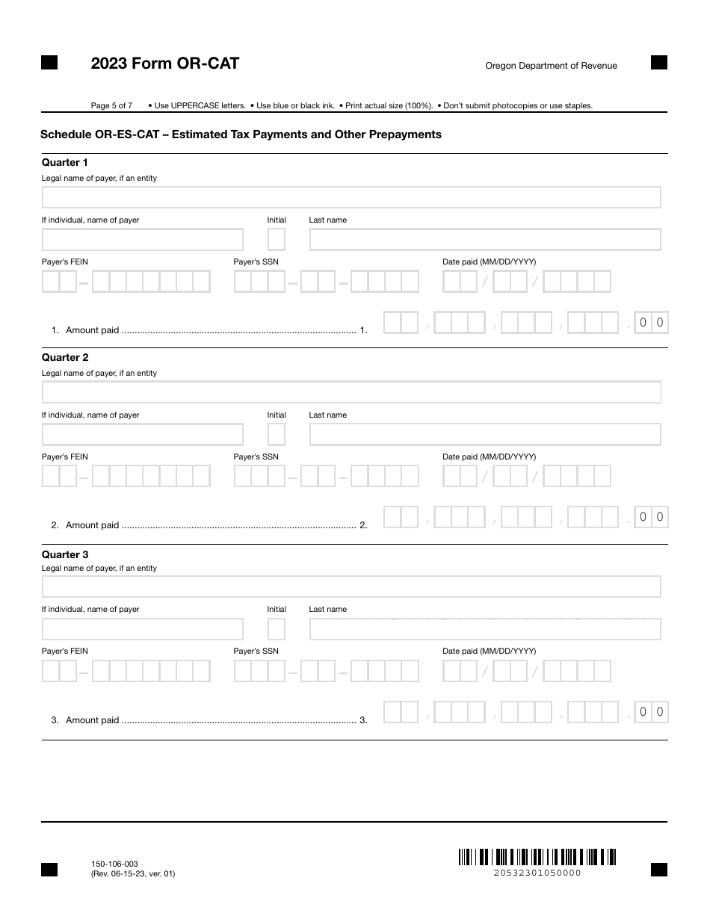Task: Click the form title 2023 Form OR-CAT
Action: (164, 64)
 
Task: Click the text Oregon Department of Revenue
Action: (551, 66)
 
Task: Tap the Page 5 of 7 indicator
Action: (111, 105)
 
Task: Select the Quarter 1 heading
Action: (64, 162)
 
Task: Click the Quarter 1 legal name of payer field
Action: (351, 197)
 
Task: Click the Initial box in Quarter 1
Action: (277, 240)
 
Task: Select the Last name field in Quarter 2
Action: (485, 435)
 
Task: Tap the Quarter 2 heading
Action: (64, 357)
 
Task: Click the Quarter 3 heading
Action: (64, 554)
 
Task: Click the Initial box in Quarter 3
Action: (277, 629)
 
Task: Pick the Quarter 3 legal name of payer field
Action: (351, 587)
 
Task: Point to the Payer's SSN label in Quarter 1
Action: (256, 262)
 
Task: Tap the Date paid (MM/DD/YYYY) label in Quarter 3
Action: (489, 651)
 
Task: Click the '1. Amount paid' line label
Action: (85, 330)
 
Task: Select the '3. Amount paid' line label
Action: (85, 720)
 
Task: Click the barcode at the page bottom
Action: (537, 857)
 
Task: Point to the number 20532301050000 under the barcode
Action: (537, 873)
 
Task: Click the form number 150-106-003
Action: (114, 864)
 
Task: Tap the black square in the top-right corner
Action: (658, 63)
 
